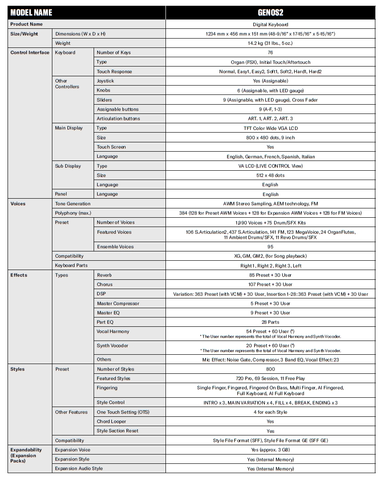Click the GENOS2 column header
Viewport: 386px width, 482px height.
[x=270, y=12]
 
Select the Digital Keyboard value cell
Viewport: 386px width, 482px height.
[x=270, y=25]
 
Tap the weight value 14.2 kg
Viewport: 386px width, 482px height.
[x=270, y=43]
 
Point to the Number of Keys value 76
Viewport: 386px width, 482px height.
[x=270, y=53]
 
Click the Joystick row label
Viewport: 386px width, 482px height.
[x=106, y=81]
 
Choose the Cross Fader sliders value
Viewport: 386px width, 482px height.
[x=270, y=100]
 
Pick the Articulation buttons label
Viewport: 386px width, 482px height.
[x=118, y=119]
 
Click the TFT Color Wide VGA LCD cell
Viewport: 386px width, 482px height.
[x=270, y=128]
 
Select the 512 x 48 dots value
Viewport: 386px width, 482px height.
[x=270, y=175]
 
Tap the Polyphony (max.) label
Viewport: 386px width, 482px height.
[x=73, y=213]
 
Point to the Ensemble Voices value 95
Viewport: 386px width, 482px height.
[x=270, y=247]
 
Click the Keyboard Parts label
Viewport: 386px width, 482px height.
[x=71, y=266]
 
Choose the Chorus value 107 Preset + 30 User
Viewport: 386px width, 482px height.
[x=270, y=285]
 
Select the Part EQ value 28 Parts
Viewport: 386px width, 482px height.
[x=270, y=322]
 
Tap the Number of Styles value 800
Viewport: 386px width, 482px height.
[x=270, y=369]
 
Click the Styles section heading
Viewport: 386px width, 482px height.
[x=18, y=369]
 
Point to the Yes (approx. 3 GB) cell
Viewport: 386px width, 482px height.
[x=270, y=450]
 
